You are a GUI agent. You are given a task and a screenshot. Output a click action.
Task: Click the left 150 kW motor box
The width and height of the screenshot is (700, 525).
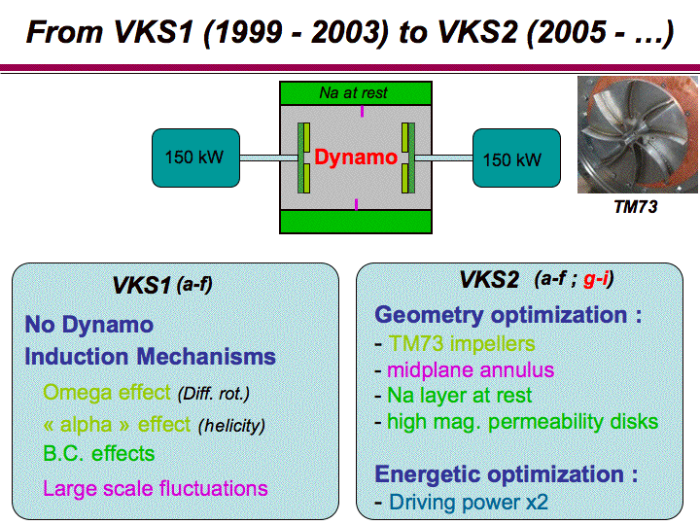(x=192, y=157)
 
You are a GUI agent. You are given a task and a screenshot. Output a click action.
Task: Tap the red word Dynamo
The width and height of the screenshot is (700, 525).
(x=356, y=157)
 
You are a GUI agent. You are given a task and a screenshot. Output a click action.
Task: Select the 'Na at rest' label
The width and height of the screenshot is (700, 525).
(x=353, y=93)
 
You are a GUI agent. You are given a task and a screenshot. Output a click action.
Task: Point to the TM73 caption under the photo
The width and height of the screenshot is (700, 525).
(x=635, y=207)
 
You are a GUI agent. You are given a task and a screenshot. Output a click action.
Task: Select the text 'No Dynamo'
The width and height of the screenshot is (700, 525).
(x=89, y=325)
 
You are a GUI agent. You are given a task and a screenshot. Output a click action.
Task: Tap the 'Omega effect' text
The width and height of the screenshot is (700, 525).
(x=107, y=392)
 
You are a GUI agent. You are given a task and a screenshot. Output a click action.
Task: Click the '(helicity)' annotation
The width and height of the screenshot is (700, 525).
(x=231, y=425)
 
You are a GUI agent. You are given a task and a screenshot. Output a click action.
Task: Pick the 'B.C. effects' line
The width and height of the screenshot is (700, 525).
(x=99, y=453)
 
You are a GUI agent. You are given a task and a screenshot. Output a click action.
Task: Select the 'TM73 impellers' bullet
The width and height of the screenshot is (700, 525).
(x=462, y=343)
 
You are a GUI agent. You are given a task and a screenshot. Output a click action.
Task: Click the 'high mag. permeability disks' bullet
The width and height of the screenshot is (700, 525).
(x=522, y=422)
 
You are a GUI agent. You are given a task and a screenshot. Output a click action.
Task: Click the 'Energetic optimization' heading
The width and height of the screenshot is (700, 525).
(x=507, y=474)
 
